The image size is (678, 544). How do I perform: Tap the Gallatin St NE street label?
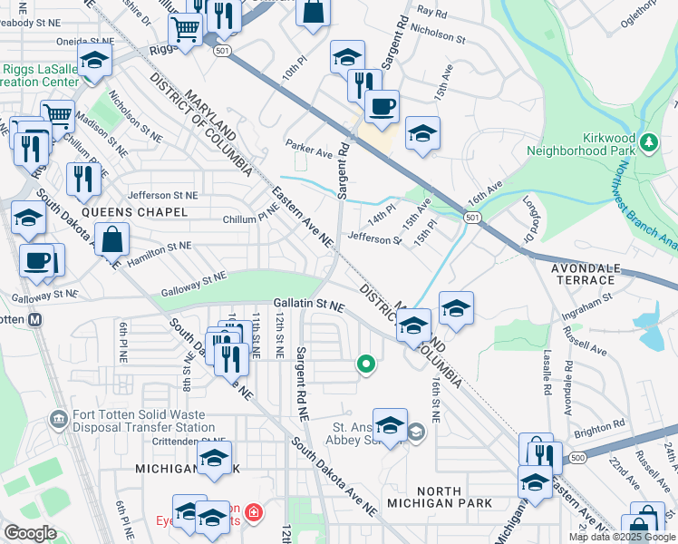pos(309,306)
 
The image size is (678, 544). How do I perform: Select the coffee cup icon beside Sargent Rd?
pos(382,106)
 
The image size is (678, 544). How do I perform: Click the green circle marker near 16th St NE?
pos(366,364)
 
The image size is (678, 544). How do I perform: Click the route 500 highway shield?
pos(577,460)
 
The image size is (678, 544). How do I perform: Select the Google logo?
pos(30,533)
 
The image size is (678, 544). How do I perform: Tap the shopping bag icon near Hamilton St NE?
pos(111,240)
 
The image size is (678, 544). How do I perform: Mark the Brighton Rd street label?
pos(605,423)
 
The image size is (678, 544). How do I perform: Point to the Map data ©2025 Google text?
pos(622,537)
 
